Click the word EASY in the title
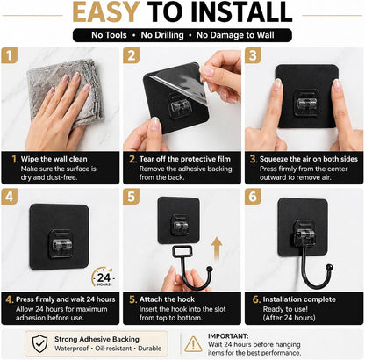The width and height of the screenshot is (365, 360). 106,12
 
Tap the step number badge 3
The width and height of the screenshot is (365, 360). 253,55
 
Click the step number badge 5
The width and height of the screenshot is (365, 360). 131,196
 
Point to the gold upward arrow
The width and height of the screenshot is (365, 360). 217,248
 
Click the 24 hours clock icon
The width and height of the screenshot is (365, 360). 103,277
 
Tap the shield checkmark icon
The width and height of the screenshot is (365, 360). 39,344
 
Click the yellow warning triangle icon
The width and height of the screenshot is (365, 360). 193,344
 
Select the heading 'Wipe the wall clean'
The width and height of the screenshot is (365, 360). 54,159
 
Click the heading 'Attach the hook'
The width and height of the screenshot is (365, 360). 167,299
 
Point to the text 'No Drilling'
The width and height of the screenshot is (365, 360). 162,35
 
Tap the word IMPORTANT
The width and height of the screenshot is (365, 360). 228,336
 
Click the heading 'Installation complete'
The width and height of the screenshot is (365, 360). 299,299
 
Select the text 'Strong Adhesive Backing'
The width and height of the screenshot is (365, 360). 97,339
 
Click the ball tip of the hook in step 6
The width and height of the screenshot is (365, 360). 329,267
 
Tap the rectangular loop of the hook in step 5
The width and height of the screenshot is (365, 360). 182,252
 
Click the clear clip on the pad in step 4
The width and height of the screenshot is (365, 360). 61,244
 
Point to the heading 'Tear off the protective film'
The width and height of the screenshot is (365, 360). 185,159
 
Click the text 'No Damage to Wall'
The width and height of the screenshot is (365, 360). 235,35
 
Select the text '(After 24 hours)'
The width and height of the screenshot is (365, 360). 289,318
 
